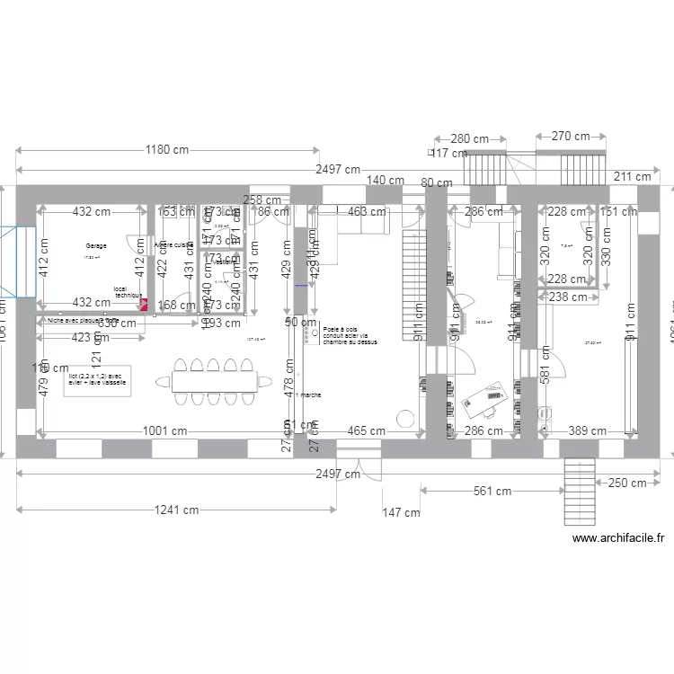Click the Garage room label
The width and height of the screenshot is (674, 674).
(96, 245)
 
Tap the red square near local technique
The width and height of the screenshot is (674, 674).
(142, 304)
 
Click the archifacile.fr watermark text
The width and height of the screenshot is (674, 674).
(618, 538)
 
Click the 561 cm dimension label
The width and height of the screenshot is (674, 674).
(493, 491)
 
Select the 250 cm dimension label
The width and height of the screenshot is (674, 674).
(626, 483)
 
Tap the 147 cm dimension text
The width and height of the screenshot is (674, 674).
(401, 513)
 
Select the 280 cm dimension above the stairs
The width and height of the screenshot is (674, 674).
(469, 139)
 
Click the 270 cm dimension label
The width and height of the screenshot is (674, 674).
(570, 137)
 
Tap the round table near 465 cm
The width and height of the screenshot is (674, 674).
(405, 419)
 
